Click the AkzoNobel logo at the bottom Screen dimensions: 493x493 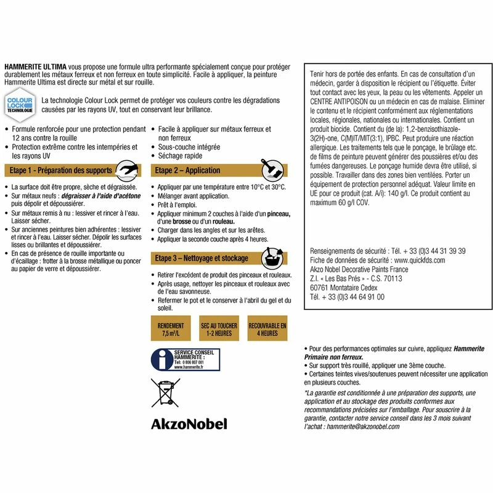click(189, 424)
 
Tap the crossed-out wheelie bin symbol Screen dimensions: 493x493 click(165, 393)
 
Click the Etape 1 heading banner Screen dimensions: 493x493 click(62, 170)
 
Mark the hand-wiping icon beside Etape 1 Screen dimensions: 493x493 click(127, 169)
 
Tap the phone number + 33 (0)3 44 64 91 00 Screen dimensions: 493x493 click(348, 296)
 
